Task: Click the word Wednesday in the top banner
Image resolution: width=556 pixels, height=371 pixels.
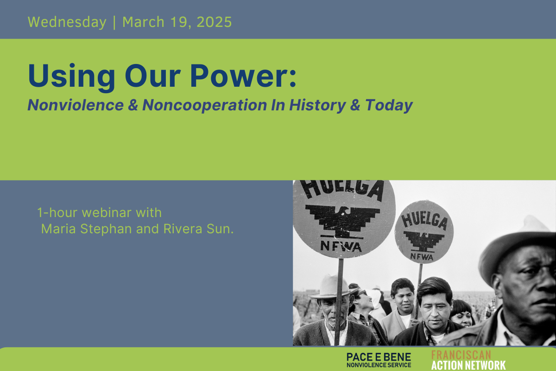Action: point(67,22)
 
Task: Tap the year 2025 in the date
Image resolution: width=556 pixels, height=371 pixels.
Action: point(214,22)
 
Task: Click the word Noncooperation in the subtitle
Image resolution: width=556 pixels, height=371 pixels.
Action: point(204,105)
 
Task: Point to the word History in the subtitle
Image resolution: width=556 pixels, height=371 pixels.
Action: point(317,105)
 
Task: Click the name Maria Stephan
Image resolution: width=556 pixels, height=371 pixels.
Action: point(86,229)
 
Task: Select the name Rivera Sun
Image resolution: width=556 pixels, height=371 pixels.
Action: point(198,229)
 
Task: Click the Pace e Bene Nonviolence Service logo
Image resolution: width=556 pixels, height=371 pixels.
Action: point(379,360)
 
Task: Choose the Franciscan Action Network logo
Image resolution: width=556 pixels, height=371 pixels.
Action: point(468,360)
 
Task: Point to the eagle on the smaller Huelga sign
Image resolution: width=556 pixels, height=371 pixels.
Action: point(423,242)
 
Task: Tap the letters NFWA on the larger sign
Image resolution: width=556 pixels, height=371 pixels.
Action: point(341,247)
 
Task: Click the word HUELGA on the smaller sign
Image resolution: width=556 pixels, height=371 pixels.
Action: point(424,221)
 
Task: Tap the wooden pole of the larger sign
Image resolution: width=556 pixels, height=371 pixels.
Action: point(339,301)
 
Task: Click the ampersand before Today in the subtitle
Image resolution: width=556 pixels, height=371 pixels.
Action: point(355,105)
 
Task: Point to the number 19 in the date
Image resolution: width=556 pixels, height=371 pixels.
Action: point(180,22)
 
